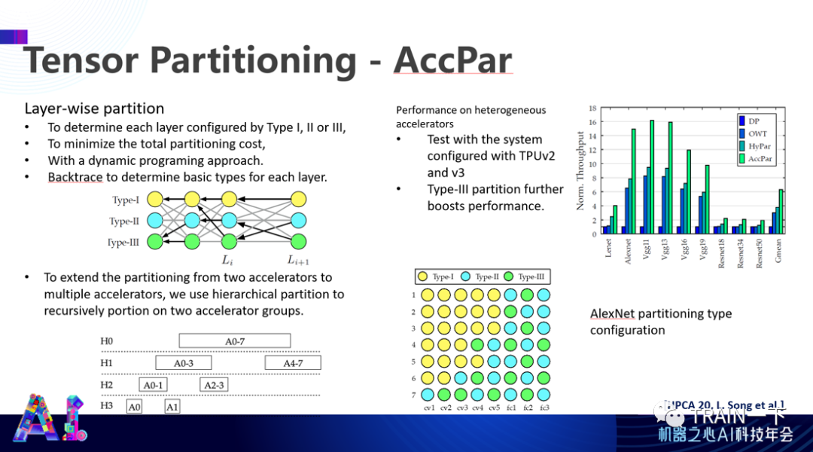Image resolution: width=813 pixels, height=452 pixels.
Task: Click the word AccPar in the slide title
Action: click(452, 60)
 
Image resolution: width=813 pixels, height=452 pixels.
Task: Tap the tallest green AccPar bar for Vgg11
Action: click(651, 177)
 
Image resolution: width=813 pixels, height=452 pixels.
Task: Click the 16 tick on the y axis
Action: click(594, 122)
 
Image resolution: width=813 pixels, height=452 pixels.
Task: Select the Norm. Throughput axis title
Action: click(580, 170)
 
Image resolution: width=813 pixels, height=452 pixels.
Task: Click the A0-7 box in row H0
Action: click(235, 341)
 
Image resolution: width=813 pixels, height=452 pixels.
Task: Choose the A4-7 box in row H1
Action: click(293, 363)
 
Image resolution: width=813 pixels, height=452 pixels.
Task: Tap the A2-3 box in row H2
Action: click(214, 385)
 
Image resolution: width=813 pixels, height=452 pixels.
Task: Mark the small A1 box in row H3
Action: click(172, 407)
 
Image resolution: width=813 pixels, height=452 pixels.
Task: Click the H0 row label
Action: click(107, 341)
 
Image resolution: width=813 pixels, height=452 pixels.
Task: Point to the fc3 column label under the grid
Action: click(544, 408)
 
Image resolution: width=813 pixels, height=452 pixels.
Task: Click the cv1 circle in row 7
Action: click(428, 394)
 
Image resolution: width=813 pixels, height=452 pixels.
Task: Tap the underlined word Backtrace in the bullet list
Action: click(75, 177)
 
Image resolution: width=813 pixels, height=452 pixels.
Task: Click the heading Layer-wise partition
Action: click(94, 108)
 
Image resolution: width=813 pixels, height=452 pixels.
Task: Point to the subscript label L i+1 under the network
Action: click(298, 261)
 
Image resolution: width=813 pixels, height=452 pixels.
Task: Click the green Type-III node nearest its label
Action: click(155, 242)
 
